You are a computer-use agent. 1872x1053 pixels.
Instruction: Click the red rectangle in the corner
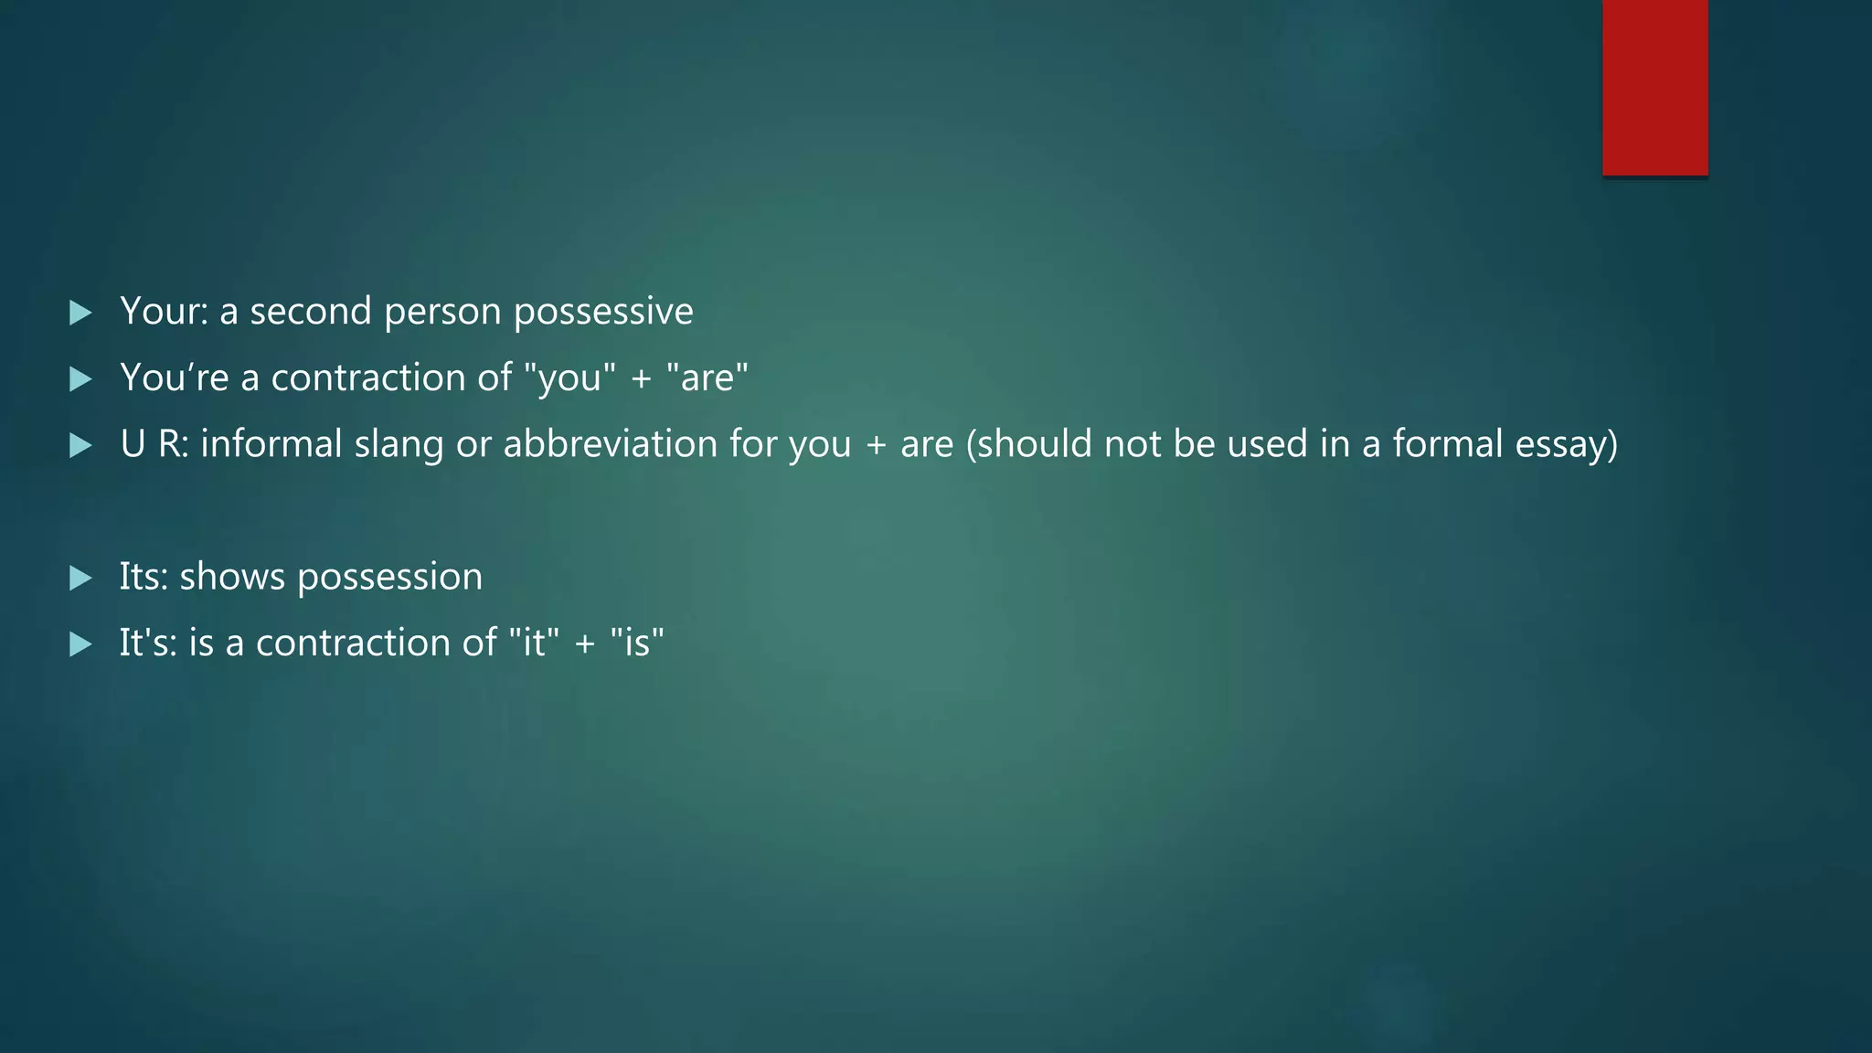[x=1654, y=88]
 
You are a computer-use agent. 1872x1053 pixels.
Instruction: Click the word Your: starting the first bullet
[x=165, y=312]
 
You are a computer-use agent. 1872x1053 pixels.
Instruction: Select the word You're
[x=175, y=378]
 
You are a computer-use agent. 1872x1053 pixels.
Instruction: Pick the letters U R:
[x=154, y=444]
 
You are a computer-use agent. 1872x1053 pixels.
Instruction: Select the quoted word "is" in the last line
[x=636, y=643]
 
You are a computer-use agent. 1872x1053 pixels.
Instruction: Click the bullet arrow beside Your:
[x=81, y=313]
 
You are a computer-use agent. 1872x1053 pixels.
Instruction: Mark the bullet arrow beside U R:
[x=81, y=445]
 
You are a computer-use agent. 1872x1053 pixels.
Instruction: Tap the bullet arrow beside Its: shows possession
[x=81, y=578]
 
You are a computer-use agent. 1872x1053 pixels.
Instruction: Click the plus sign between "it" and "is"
[x=584, y=644]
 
